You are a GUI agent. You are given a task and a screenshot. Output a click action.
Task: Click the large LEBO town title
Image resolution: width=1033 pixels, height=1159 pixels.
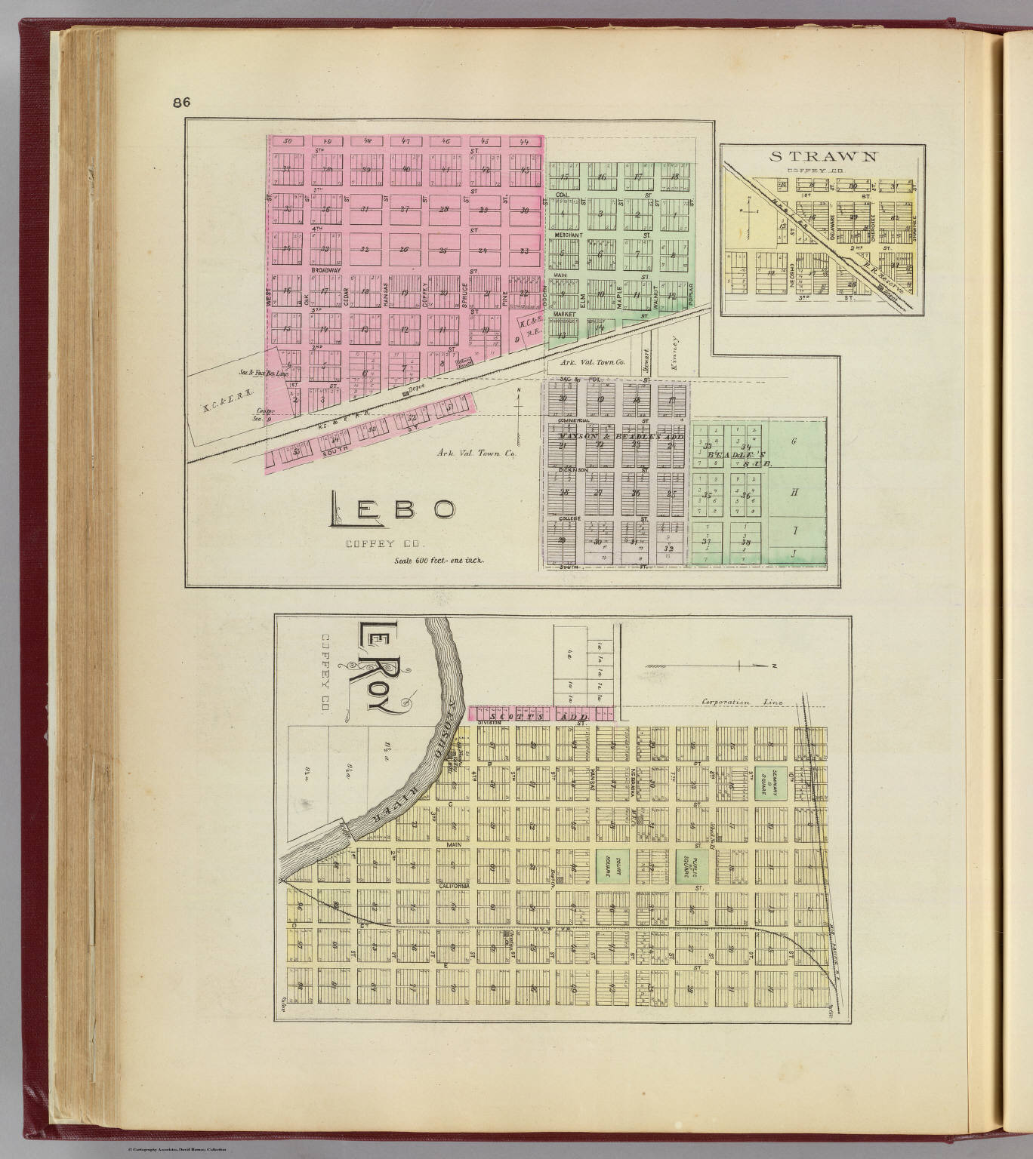pos(392,512)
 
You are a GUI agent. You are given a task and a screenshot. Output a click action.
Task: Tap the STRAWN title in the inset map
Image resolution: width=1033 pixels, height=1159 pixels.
pos(823,156)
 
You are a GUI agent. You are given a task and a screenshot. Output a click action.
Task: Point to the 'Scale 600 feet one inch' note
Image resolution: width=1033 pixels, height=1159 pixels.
pos(439,561)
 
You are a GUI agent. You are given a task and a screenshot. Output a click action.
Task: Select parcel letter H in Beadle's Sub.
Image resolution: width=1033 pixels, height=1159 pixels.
pos(794,492)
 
